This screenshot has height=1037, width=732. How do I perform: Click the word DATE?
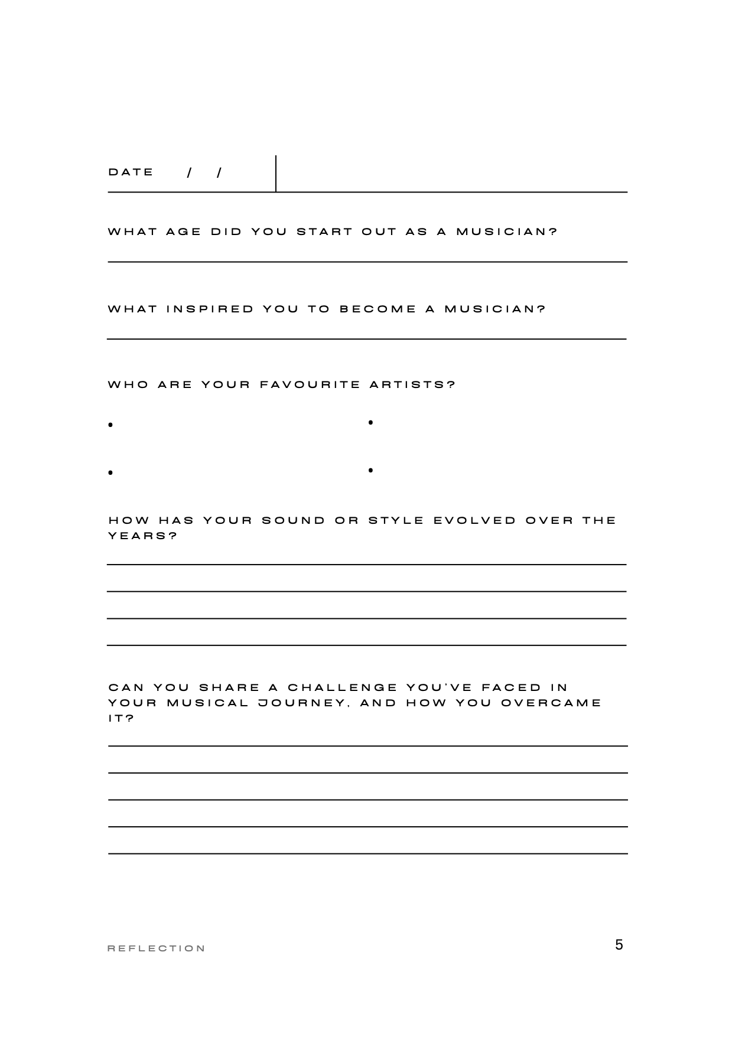[x=131, y=172]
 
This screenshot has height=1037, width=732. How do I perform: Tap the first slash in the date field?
[x=189, y=173]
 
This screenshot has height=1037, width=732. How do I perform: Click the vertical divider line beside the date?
[x=276, y=173]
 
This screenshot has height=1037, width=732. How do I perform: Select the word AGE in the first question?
[x=184, y=231]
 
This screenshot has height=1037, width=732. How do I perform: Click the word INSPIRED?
[x=210, y=309]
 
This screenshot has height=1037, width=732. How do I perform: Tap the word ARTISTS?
[x=412, y=385]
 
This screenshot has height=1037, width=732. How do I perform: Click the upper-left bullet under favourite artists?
[x=110, y=425]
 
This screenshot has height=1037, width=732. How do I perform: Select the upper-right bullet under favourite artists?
[x=370, y=422]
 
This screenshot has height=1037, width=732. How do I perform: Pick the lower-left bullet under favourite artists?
[x=110, y=473]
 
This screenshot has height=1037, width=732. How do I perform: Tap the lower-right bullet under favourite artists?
[x=370, y=471]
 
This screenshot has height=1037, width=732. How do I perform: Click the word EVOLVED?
[x=475, y=521]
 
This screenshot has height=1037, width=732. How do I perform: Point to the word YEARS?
[x=143, y=536]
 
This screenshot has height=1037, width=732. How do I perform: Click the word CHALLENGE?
[x=343, y=688]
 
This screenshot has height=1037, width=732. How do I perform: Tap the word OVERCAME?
[x=551, y=703]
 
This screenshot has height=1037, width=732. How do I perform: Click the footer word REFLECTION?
[x=157, y=949]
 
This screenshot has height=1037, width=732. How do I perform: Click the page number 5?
[x=619, y=945]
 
